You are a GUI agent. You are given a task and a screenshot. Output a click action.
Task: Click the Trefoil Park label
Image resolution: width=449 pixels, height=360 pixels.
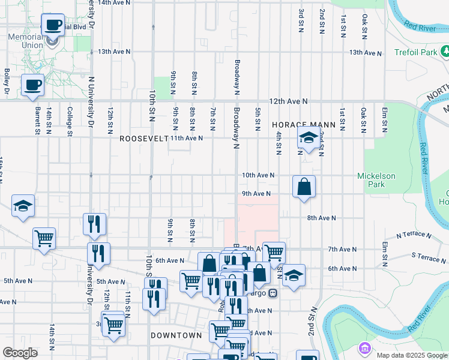click(x=416, y=53)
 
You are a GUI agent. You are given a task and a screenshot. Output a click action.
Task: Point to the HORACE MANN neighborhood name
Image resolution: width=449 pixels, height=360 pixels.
click(x=298, y=124)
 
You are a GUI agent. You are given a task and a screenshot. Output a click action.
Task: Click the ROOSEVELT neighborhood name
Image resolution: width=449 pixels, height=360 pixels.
click(x=143, y=138)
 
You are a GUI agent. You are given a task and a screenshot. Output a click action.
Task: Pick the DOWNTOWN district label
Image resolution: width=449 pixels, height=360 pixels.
click(x=176, y=335)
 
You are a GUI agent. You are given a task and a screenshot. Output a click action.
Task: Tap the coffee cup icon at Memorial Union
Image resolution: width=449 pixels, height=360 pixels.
click(x=53, y=25)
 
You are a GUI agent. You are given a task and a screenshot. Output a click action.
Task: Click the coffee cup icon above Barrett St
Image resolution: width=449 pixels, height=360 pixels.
click(x=32, y=85)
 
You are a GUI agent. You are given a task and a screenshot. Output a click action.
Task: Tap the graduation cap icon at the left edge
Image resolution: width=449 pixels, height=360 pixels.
click(x=23, y=206)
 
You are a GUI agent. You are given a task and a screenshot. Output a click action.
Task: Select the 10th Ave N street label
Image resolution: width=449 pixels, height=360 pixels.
click(x=258, y=175)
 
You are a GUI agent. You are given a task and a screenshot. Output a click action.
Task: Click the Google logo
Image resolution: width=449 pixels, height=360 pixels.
click(x=20, y=353)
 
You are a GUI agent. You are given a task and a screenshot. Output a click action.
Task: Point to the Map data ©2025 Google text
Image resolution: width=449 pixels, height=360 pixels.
click(x=412, y=355)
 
